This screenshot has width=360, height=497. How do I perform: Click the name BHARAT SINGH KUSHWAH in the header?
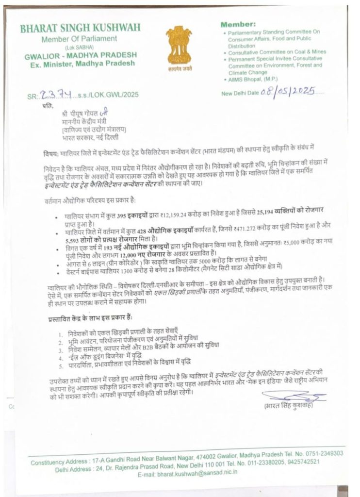(x=79, y=29)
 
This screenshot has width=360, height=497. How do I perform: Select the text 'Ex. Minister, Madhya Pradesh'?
(x=80, y=65)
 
